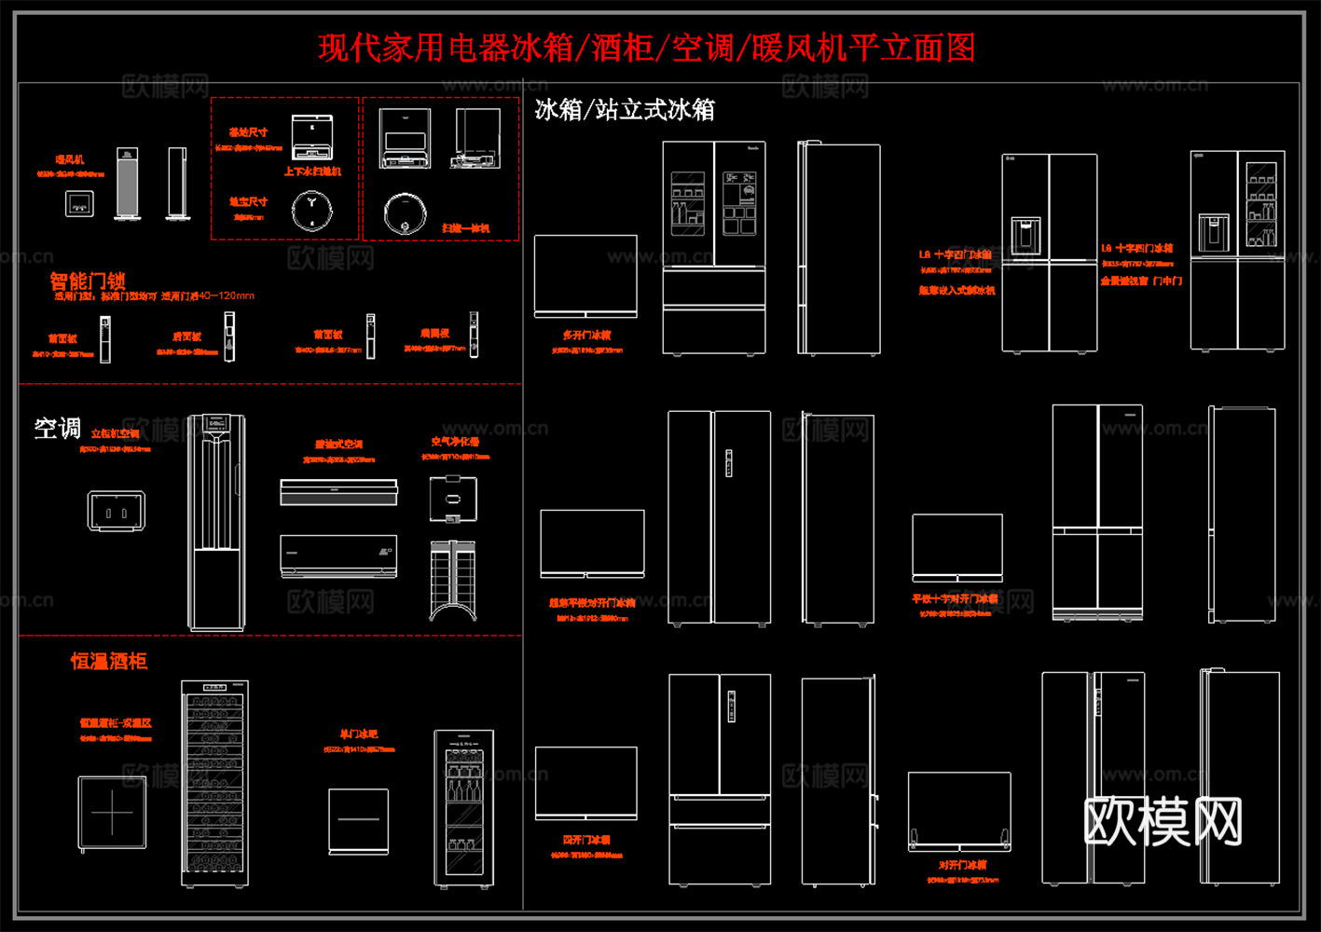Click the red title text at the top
tap(646, 48)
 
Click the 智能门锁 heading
tap(88, 281)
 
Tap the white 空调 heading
tap(58, 428)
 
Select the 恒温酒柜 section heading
tap(109, 661)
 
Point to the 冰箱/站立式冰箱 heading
tap(625, 110)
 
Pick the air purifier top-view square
tap(453, 498)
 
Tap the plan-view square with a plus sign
tap(112, 813)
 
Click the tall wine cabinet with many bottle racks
tap(215, 783)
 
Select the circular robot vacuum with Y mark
tap(311, 211)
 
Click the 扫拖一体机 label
tap(465, 228)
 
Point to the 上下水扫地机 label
tap(312, 172)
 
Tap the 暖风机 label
tap(70, 160)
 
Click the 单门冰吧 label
tap(359, 734)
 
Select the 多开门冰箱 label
tap(587, 335)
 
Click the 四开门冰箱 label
tap(586, 840)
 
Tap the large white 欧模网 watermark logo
tap(1163, 822)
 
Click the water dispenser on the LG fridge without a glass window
tap(1025, 234)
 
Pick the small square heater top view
tap(79, 203)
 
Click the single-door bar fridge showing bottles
tap(463, 807)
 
